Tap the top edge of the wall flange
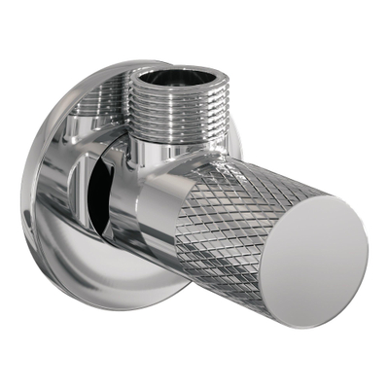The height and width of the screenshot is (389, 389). click(x=117, y=69)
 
